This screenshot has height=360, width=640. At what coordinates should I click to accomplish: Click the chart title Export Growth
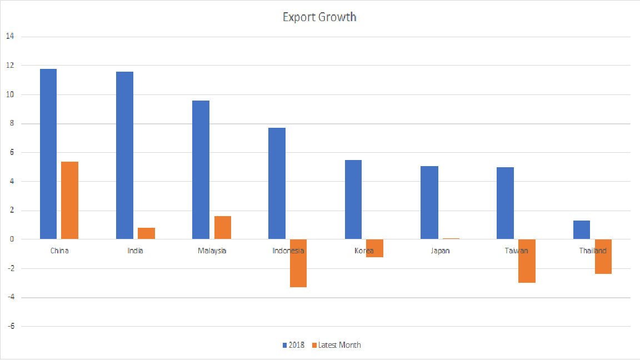pos(319,17)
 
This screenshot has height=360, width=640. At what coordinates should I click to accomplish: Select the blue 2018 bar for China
pos(48,154)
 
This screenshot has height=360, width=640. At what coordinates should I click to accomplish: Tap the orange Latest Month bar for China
pos(70,201)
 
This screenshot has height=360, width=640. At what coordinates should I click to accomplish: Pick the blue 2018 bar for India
pos(124,156)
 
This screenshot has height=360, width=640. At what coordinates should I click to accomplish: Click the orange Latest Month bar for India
pos(146,233)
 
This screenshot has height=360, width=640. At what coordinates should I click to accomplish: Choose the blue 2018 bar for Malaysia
pos(201,170)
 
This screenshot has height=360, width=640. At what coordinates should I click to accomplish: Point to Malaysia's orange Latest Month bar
pos(222,228)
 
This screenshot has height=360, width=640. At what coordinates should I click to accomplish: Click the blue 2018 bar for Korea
pos(353,199)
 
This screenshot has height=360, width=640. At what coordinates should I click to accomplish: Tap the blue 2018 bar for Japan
pos(429,203)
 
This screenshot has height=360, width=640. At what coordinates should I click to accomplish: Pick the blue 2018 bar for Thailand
pos(582,230)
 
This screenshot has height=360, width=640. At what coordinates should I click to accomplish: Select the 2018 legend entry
pos(294,345)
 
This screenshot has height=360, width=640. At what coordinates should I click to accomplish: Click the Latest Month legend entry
pos(337,345)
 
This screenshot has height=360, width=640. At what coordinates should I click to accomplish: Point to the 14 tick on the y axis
pos(10,37)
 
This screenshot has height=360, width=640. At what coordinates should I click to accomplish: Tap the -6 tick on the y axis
pos(10,326)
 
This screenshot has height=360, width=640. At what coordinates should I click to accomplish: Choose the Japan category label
pos(440,251)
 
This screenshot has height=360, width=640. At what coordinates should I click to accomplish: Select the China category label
pos(59,251)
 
